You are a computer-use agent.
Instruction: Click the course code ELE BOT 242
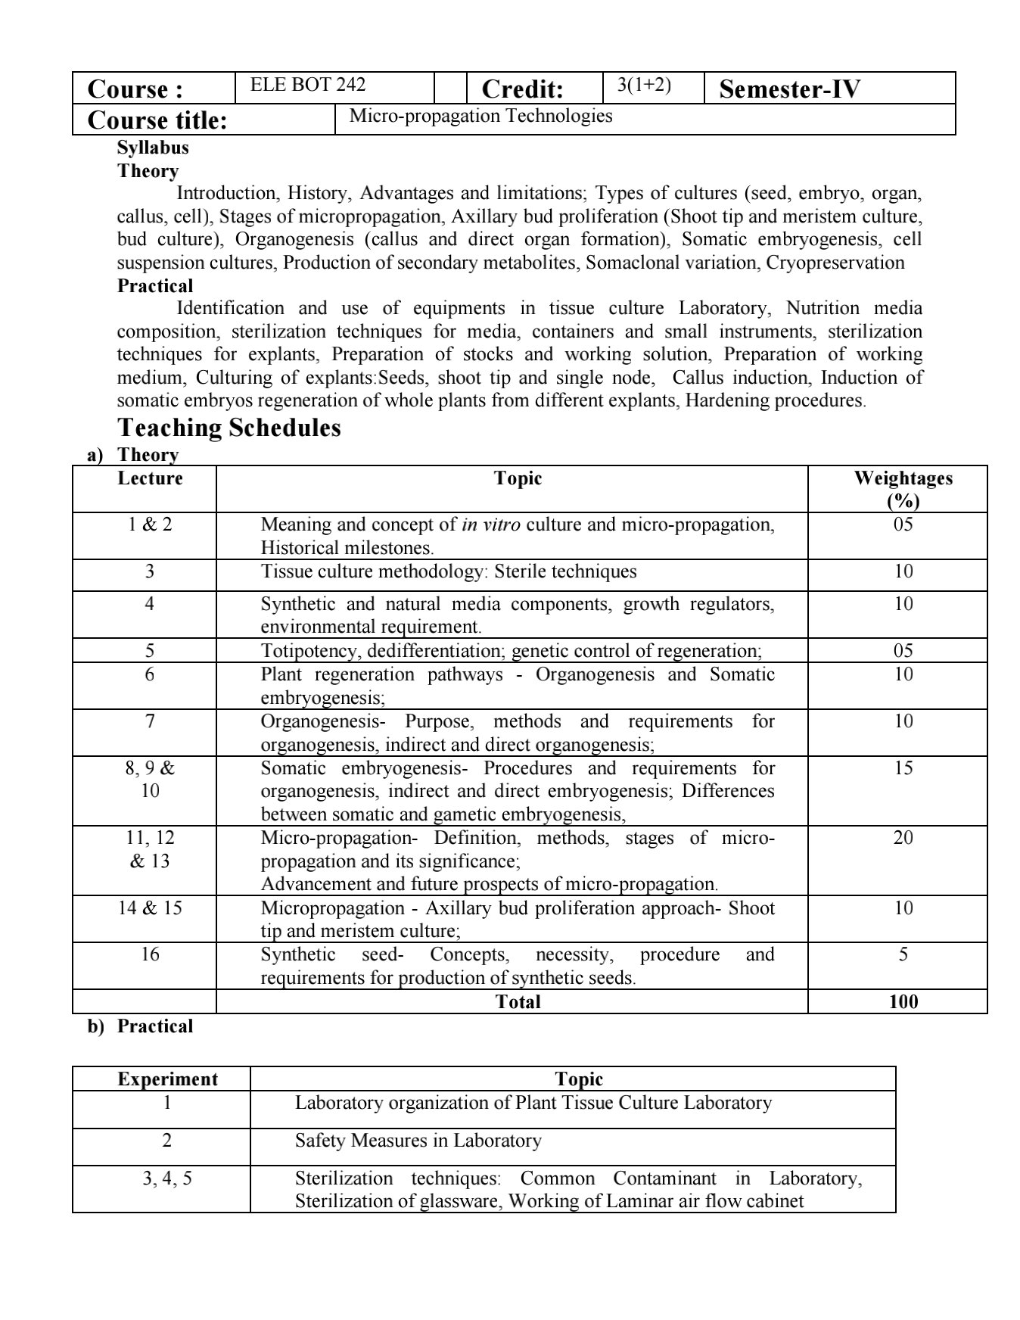pyautogui.click(x=308, y=85)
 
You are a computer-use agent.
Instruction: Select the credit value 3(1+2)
pyautogui.click(x=644, y=85)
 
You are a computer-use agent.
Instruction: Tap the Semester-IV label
pyautogui.click(x=789, y=89)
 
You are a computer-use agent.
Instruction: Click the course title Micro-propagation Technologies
pyautogui.click(x=480, y=116)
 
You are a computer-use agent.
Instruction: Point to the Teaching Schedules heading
pyautogui.click(x=229, y=428)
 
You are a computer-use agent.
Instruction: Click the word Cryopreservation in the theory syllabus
pyautogui.click(x=835, y=263)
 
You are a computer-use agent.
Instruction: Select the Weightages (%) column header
pyautogui.click(x=903, y=489)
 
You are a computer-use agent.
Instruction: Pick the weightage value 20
pyautogui.click(x=903, y=838)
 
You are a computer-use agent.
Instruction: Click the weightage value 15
pyautogui.click(x=903, y=768)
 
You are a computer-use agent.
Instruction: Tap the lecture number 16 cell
pyautogui.click(x=150, y=954)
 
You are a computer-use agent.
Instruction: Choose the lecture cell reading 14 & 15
pyautogui.click(x=150, y=908)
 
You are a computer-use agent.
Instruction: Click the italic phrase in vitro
pyautogui.click(x=490, y=525)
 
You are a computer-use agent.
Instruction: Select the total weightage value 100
pyautogui.click(x=903, y=1002)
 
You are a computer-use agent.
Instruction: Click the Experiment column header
pyautogui.click(x=167, y=1079)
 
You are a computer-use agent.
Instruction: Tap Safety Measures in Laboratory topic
pyautogui.click(x=418, y=1141)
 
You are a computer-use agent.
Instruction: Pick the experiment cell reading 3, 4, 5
pyautogui.click(x=167, y=1178)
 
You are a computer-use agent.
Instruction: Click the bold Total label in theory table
pyautogui.click(x=518, y=1002)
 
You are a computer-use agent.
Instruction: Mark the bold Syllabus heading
pyautogui.click(x=153, y=148)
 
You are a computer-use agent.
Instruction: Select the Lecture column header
pyautogui.click(x=150, y=478)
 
